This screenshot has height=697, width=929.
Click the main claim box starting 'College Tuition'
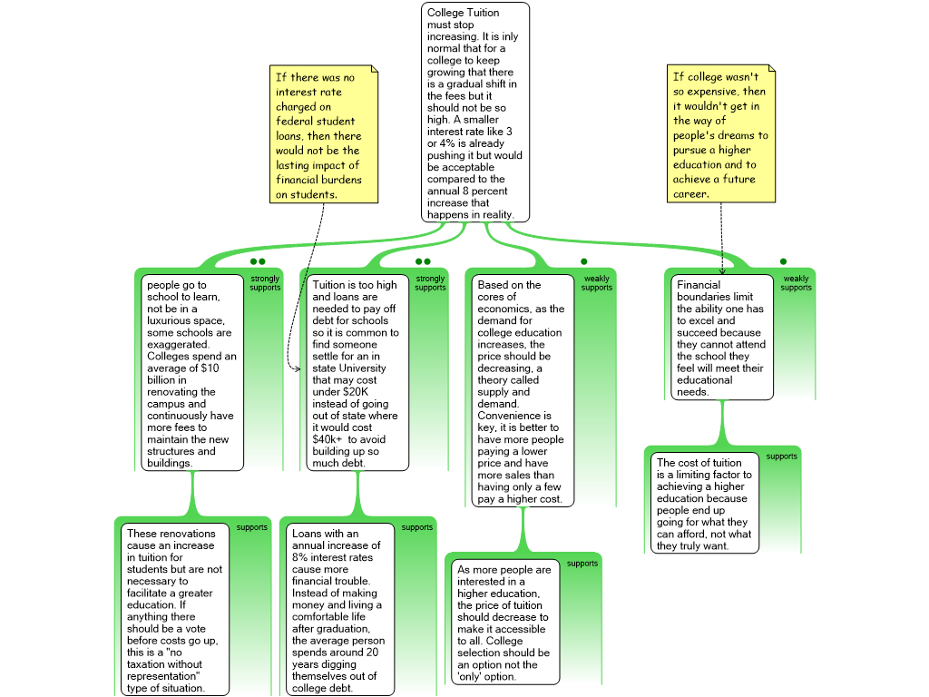(475, 113)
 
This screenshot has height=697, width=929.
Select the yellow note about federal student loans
(324, 134)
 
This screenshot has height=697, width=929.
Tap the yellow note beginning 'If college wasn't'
(721, 134)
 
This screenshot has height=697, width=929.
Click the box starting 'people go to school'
(192, 373)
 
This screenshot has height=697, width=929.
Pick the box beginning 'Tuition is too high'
(357, 373)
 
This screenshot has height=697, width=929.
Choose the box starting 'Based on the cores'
(523, 391)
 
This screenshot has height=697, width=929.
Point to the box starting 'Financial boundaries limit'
(722, 338)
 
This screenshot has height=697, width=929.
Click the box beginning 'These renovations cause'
(175, 609)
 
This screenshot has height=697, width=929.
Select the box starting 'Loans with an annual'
(340, 609)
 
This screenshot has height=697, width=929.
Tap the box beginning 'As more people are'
(505, 623)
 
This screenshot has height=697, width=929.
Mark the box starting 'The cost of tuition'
(705, 503)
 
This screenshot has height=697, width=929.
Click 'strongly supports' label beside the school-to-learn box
(265, 283)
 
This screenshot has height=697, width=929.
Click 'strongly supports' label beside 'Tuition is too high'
(430, 283)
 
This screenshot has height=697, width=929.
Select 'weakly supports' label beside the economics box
(597, 283)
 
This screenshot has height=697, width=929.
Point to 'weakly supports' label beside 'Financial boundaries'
(796, 283)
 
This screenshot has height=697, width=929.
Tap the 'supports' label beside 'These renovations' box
(252, 527)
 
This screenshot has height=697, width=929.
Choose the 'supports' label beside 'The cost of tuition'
(781, 456)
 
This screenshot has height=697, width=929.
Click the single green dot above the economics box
(584, 261)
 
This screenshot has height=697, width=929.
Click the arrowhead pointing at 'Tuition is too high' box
(298, 368)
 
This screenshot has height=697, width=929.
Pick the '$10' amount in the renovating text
(210, 368)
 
